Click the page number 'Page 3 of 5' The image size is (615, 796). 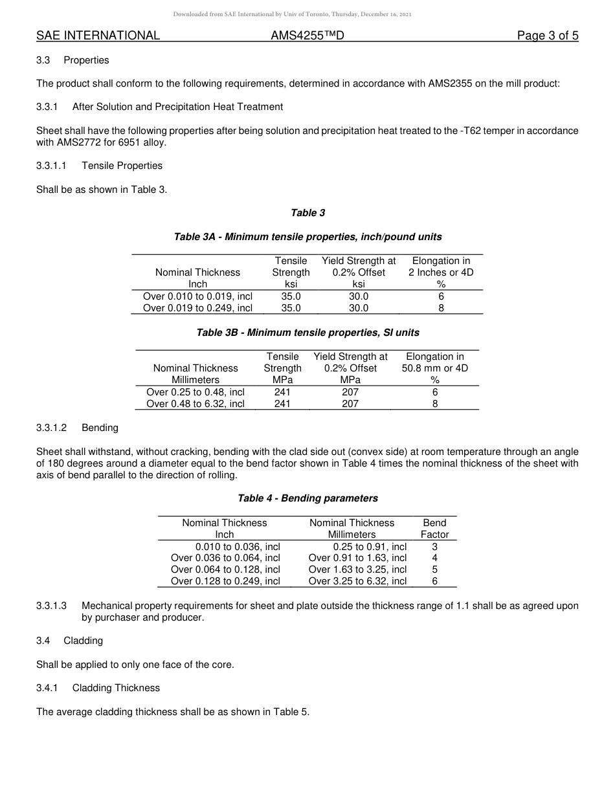[x=547, y=36]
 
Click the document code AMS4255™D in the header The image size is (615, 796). [x=307, y=36]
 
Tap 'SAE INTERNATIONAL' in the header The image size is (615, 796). [x=98, y=36]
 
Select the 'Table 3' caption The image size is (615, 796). [x=307, y=213]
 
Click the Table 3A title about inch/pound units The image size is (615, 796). [x=307, y=237]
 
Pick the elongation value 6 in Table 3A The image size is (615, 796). [x=440, y=296]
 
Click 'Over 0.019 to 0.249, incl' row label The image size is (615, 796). [x=197, y=308]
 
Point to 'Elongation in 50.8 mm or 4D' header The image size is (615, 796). [x=434, y=368]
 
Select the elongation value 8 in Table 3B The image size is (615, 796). [x=434, y=403]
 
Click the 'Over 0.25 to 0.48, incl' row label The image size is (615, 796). [x=196, y=392]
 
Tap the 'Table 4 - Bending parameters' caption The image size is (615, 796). [x=307, y=498]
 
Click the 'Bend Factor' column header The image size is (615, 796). [x=434, y=528]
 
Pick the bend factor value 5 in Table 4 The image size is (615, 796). [x=434, y=569]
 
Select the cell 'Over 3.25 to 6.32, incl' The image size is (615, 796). [x=357, y=581]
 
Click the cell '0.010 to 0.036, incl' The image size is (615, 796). [x=238, y=546]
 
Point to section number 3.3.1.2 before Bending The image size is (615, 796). [x=52, y=428]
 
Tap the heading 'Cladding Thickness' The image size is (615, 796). [x=116, y=688]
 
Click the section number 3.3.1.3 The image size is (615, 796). [x=52, y=606]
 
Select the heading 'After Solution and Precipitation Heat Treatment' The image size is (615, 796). [x=177, y=107]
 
